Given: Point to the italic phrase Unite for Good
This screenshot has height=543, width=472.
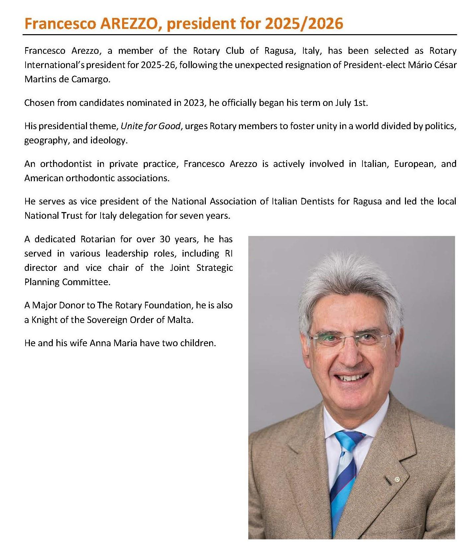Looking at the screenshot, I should tap(151, 126).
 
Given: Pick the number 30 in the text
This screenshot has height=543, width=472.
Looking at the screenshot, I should tap(166, 239).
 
